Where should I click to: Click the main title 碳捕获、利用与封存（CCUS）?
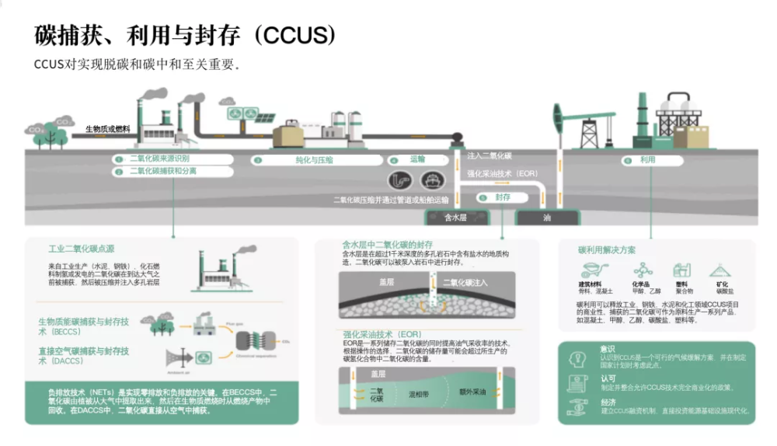(185, 35)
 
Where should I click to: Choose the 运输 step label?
(417, 159)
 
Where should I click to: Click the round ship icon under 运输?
(433, 180)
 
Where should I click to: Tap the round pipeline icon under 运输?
(400, 180)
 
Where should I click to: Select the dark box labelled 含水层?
(455, 218)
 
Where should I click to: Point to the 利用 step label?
(647, 160)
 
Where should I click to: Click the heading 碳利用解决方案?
(607, 250)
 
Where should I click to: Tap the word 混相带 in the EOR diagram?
(421, 394)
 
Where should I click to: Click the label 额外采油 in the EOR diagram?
(472, 392)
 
